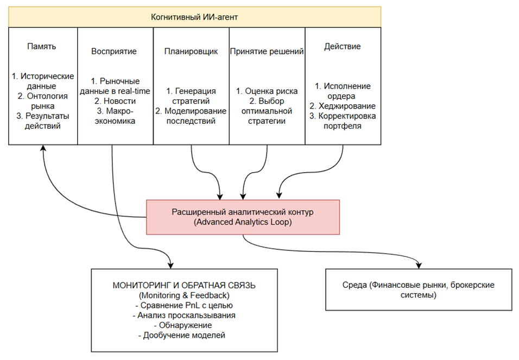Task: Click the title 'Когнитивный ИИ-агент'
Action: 194,17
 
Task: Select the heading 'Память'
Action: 42,46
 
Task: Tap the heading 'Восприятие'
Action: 114,52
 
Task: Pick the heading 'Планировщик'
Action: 191,52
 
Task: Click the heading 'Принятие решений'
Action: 267,52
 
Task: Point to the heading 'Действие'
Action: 343,46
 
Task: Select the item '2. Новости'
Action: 114,101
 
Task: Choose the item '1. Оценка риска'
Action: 267,91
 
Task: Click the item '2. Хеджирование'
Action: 343,106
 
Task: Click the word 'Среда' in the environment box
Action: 353,286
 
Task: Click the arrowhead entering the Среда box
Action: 419,264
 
